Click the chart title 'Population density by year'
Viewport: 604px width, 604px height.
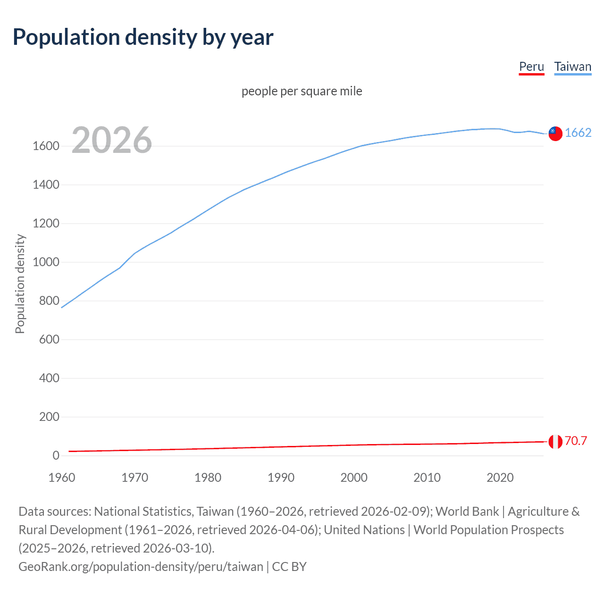143,37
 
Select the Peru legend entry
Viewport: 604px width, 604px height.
531,67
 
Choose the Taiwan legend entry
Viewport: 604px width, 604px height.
572,67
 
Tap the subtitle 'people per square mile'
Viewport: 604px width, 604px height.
302,91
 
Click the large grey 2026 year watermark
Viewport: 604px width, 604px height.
112,140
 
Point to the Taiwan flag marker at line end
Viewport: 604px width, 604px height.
555,134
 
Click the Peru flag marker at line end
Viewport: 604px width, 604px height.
555,442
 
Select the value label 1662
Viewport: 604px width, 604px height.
578,133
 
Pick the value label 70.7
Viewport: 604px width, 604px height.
576,441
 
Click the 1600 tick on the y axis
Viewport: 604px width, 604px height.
46,146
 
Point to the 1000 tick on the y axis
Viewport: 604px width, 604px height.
46,262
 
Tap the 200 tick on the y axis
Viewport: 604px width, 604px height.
49,417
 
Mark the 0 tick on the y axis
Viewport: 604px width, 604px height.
56,456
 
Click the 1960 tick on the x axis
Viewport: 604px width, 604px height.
62,478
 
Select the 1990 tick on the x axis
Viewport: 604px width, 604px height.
281,478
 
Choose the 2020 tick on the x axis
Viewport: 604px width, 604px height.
500,478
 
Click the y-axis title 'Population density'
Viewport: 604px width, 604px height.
20,284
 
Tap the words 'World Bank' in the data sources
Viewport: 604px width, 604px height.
467,512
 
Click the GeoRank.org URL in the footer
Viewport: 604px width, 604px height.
141,566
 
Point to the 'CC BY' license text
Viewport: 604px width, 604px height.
289,566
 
